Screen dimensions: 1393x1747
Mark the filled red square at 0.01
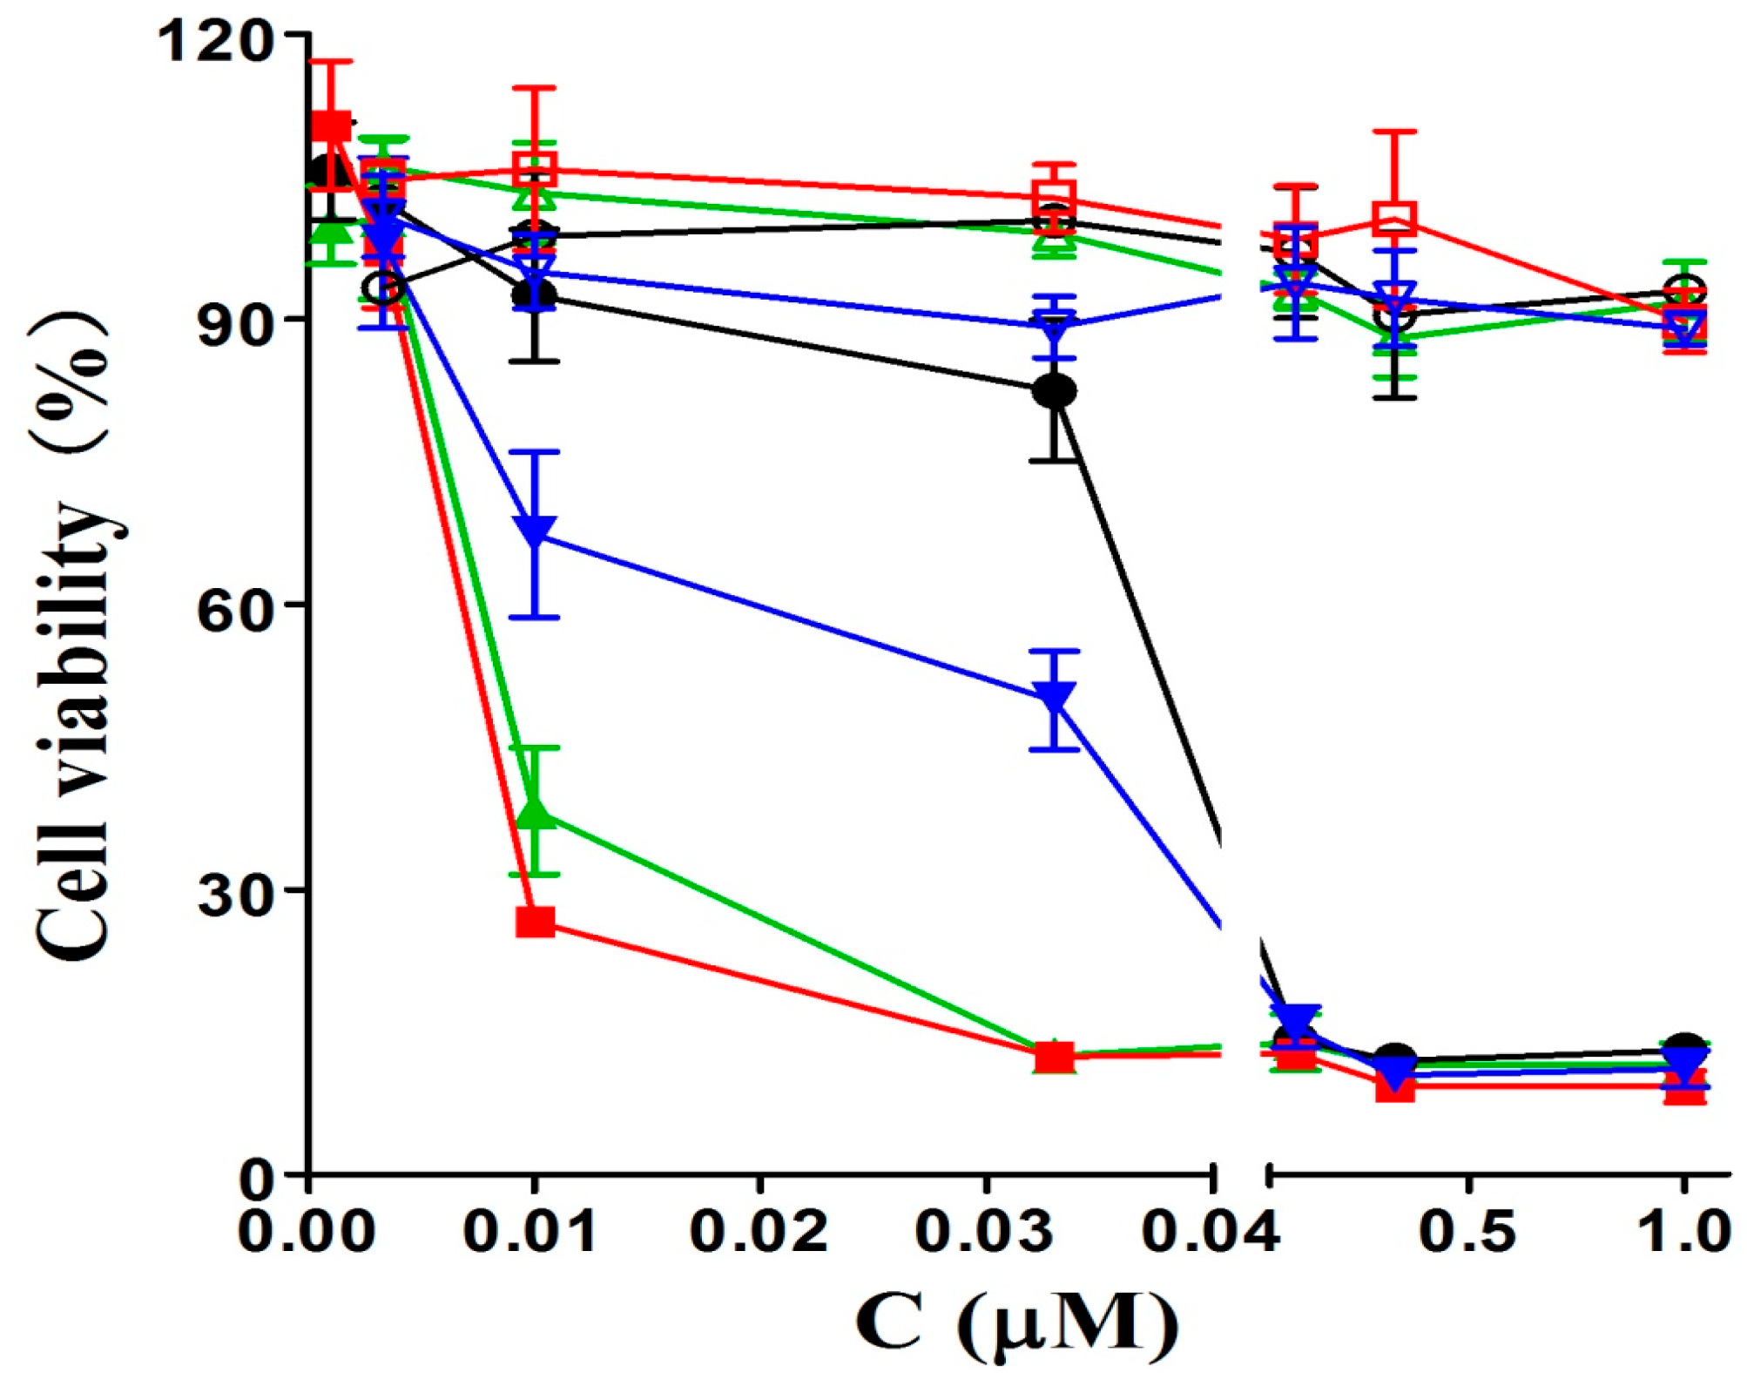click(x=535, y=922)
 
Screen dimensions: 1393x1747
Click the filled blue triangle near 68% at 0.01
click(x=535, y=530)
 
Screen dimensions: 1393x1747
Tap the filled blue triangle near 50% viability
click(x=1055, y=697)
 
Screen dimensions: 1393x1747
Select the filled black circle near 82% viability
click(x=1055, y=390)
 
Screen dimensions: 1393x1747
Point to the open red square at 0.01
click(x=535, y=168)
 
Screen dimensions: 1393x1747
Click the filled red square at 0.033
click(x=1055, y=1058)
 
